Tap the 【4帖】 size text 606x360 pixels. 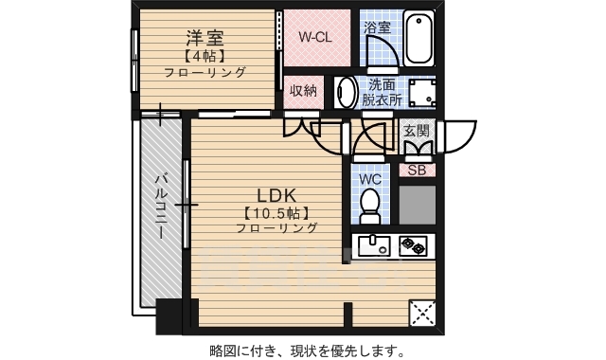click(204, 55)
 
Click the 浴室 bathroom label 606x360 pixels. click(377, 27)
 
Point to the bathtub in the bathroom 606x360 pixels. click(419, 38)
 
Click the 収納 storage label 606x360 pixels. click(303, 92)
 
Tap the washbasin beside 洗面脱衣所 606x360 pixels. click(347, 93)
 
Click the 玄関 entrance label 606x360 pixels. click(417, 131)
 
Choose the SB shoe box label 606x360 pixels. click(417, 171)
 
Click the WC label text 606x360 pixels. click(370, 178)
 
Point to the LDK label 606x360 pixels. click(265, 194)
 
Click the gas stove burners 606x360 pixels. click(413, 245)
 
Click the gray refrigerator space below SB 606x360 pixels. click(417, 204)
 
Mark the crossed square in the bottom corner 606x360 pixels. click(421, 313)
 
